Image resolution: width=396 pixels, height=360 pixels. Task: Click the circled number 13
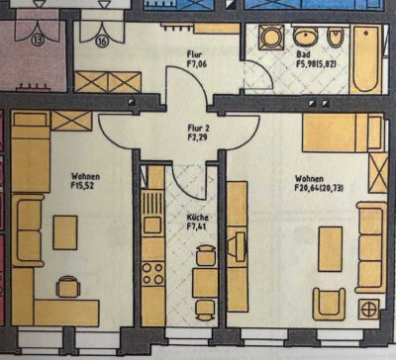[x=38, y=42]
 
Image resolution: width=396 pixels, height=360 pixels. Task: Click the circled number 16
[x=102, y=42]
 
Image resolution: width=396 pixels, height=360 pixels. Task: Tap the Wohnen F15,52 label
[x=86, y=181]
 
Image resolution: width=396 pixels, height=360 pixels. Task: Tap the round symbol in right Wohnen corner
[x=370, y=307]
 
